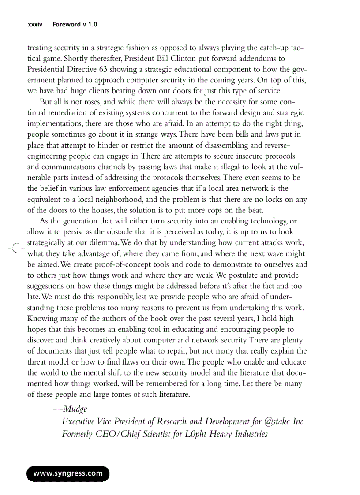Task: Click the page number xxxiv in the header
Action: [x=35, y=25]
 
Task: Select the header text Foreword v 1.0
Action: [x=75, y=25]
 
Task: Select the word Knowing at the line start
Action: [x=42, y=318]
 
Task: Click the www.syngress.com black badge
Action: [x=68, y=474]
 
